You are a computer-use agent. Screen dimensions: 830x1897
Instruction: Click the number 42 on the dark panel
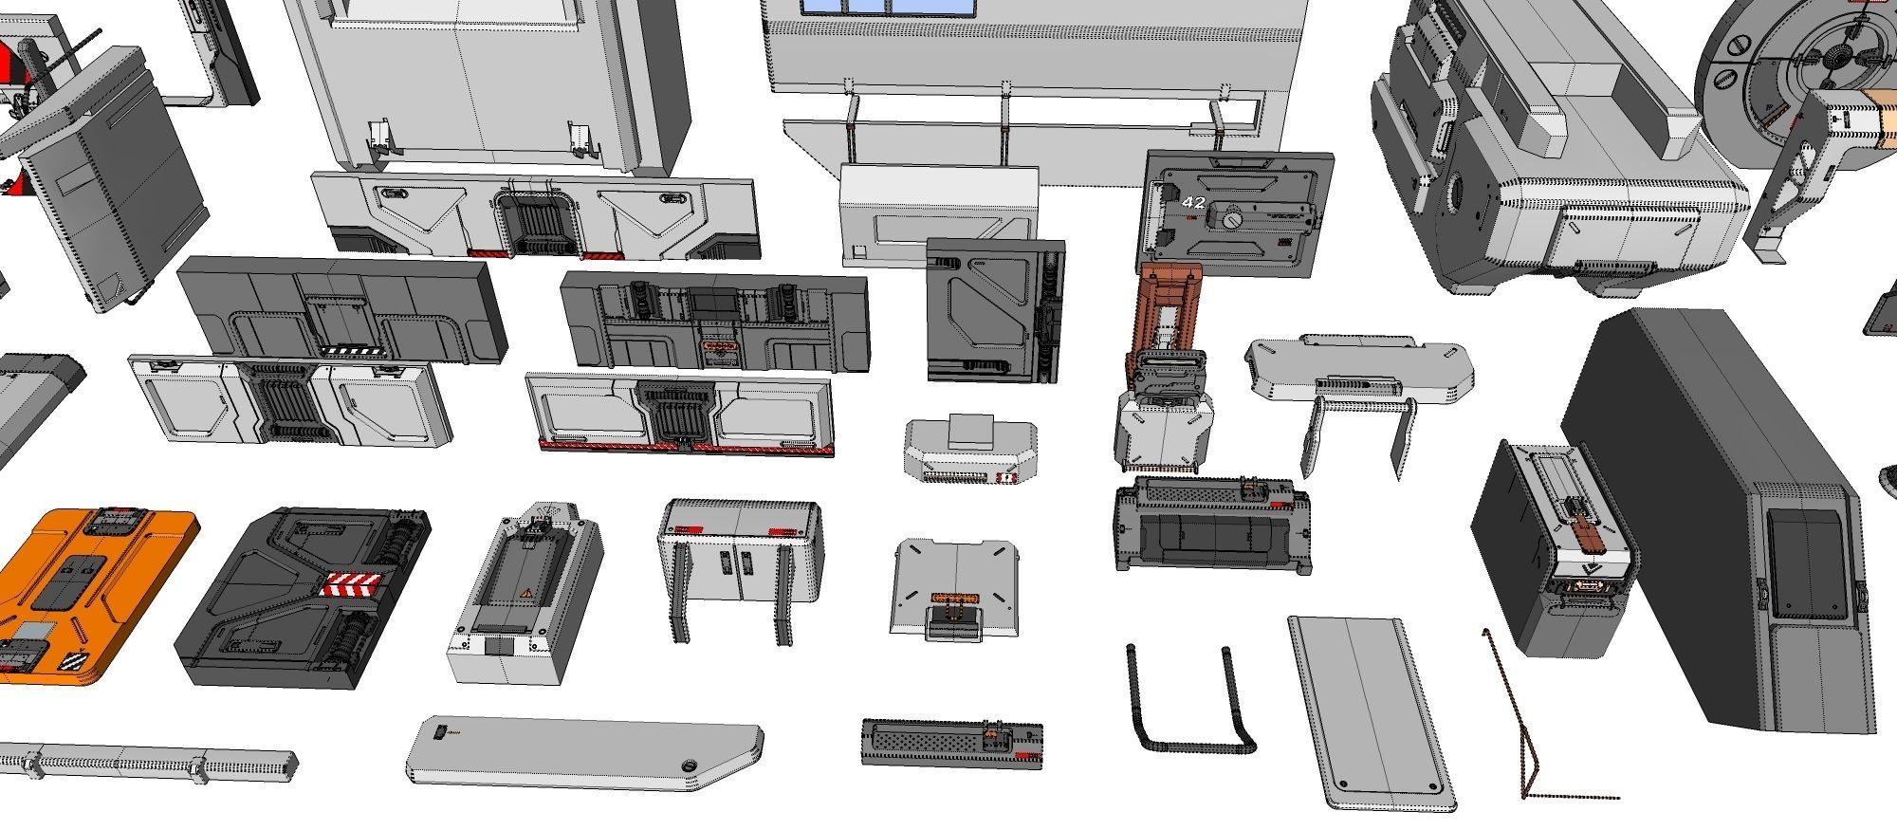[1193, 203]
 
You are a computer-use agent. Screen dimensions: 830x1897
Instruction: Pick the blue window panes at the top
[887, 6]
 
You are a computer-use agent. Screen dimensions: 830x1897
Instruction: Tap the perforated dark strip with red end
[950, 742]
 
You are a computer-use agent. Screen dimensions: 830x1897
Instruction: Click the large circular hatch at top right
[1802, 66]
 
